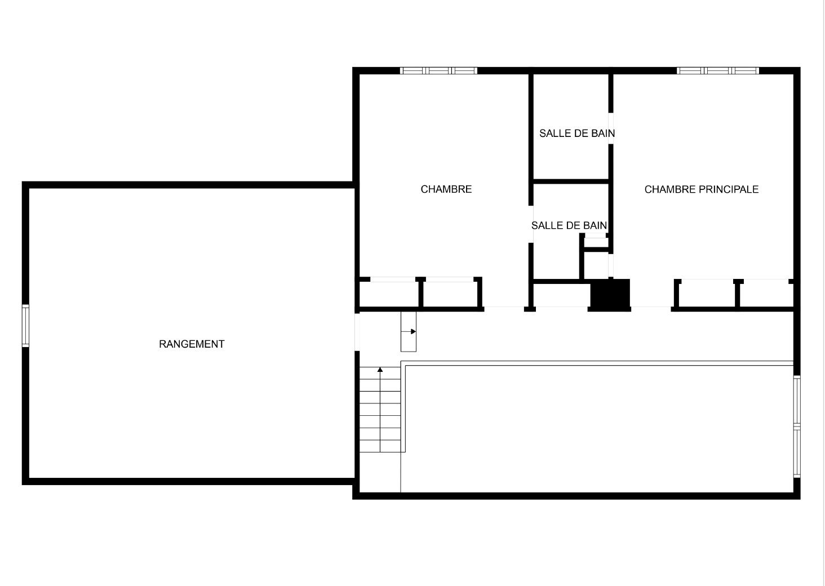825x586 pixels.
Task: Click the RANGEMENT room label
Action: pos(192,344)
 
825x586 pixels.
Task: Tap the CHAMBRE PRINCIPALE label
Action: pos(701,189)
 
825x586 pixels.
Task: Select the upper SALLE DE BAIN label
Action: pos(577,134)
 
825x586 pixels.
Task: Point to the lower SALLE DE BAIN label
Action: pos(569,225)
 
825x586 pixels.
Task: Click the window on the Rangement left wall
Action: pos(25,326)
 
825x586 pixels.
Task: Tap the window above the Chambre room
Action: pos(438,71)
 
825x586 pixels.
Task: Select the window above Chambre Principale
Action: pos(718,71)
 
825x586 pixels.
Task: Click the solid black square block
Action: pos(610,294)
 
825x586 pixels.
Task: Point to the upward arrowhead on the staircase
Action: pos(380,370)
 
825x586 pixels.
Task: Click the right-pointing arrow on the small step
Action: pos(409,331)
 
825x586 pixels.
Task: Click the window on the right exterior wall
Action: pos(797,427)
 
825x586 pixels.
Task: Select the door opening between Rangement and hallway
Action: pos(357,332)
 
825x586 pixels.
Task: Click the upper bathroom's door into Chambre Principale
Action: pos(611,128)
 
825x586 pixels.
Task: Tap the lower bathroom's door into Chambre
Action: pos(531,224)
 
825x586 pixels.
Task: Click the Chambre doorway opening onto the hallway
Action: pos(504,309)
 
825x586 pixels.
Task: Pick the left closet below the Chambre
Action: pos(389,294)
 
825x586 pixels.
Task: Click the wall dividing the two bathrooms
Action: pos(570,181)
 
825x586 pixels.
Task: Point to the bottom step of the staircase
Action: pos(380,446)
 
